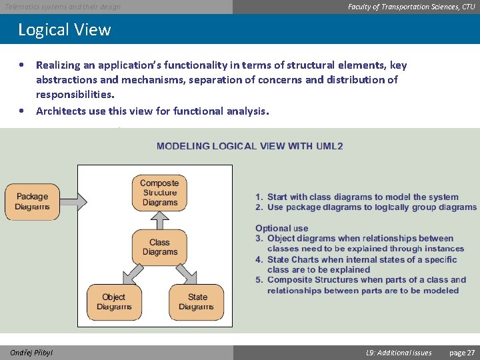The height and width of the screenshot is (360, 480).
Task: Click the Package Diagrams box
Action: [32, 201]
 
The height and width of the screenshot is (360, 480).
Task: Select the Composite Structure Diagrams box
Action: [159, 193]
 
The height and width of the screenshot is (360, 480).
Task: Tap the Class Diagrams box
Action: [159, 247]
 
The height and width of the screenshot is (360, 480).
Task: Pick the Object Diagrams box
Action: [114, 302]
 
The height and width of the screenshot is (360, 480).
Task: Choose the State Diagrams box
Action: [197, 302]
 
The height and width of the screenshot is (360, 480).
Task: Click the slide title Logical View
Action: [64, 30]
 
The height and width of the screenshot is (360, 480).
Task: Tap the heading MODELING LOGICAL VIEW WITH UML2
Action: [250, 145]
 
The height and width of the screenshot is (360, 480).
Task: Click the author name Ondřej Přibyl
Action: [31, 353]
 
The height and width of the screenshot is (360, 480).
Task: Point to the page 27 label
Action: [462, 353]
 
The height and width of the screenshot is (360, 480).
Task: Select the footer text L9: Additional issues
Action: [399, 353]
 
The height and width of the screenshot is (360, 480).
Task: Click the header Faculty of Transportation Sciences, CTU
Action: [411, 7]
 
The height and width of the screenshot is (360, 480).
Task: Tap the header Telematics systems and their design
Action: [63, 7]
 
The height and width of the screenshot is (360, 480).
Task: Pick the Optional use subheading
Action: [281, 228]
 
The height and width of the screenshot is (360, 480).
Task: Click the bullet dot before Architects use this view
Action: [23, 111]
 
